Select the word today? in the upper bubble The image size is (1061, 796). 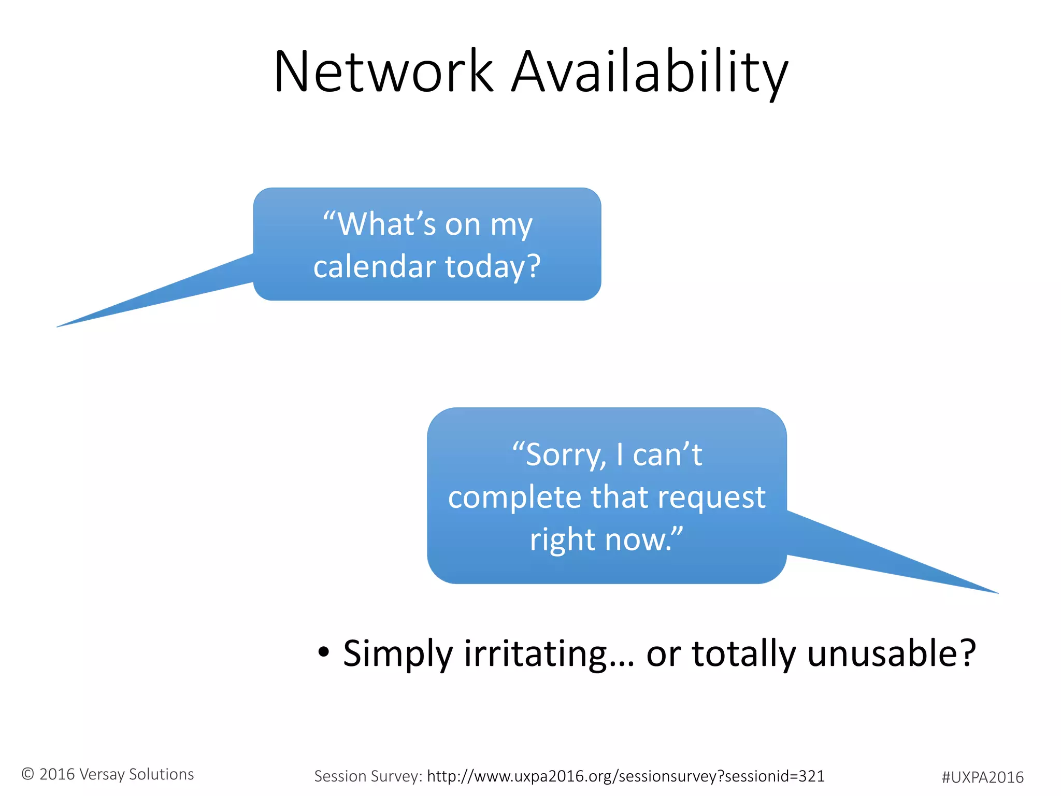tap(493, 266)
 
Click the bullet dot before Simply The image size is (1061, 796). tap(323, 652)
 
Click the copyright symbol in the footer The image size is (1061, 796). tap(28, 774)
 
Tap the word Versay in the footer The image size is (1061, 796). tap(102, 774)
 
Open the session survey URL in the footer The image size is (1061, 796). tap(625, 776)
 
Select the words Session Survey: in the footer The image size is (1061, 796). tap(368, 776)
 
